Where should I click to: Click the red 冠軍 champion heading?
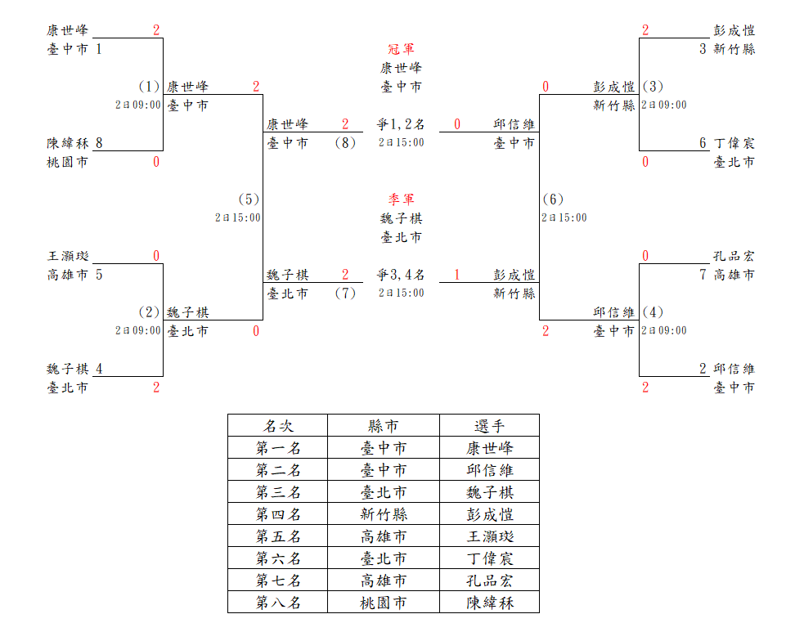point(402,49)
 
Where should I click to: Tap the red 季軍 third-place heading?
point(402,199)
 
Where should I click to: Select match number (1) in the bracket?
point(149,86)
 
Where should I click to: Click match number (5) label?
point(249,199)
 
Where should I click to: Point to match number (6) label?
point(552,199)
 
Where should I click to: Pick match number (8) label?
point(345,143)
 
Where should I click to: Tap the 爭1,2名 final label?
point(401,124)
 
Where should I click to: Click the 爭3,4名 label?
point(401,275)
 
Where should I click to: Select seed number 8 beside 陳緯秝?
point(99,143)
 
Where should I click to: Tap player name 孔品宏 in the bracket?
point(734,256)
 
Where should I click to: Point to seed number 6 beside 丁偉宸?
point(703,143)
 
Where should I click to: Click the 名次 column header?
point(278,426)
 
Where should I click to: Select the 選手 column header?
point(490,426)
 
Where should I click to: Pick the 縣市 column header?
point(384,426)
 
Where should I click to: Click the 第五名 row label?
point(278,536)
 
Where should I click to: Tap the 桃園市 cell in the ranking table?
point(384,603)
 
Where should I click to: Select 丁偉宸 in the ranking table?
point(490,558)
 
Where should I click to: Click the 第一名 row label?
point(278,448)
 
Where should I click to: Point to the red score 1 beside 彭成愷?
point(457,275)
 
